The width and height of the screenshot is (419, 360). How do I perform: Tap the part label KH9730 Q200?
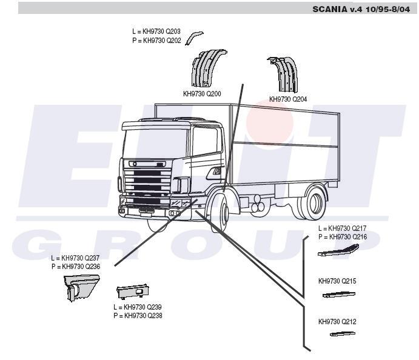click(202, 95)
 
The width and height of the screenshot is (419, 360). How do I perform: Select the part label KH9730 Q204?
click(288, 99)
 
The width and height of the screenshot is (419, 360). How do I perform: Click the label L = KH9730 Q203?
click(156, 32)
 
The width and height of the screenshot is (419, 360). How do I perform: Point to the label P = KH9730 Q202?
click(156, 40)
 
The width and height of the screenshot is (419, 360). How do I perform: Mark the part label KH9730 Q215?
click(338, 281)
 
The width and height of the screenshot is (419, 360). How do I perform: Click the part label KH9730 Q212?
click(338, 321)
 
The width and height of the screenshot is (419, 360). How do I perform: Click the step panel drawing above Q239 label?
click(133, 293)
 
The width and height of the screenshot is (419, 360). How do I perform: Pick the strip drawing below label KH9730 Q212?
click(342, 333)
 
